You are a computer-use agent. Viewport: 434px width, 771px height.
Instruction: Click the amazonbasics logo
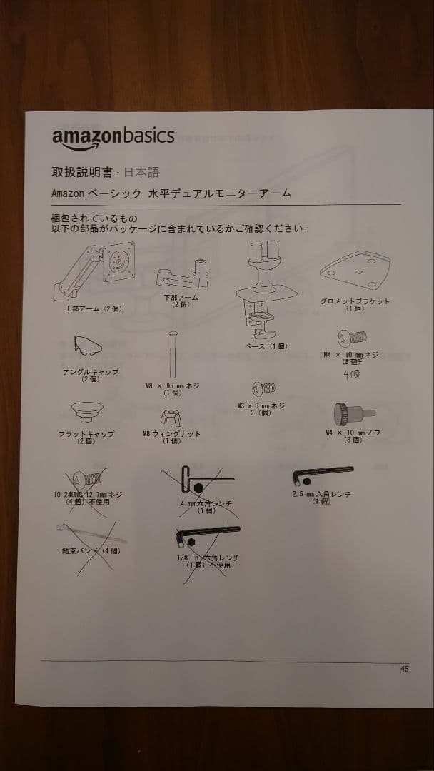point(113,138)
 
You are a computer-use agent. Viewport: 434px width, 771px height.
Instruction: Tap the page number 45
point(405,669)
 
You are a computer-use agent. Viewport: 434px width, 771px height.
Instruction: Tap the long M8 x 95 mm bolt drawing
point(171,354)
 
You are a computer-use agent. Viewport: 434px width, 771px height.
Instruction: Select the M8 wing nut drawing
point(171,418)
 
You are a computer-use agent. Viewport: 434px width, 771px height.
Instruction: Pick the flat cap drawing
point(86,413)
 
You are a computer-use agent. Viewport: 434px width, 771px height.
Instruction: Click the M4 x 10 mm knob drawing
point(347,415)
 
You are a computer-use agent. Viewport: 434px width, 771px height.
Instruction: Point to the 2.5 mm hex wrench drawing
point(323,474)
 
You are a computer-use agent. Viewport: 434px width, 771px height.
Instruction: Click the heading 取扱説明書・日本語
point(105,172)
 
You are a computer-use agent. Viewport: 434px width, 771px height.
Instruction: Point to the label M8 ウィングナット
point(171,434)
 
